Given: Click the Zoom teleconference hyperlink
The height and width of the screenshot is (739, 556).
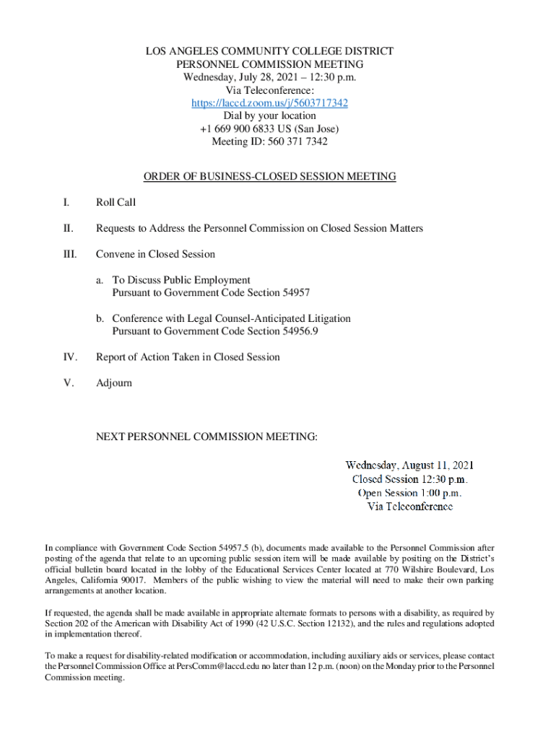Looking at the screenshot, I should tap(269, 103).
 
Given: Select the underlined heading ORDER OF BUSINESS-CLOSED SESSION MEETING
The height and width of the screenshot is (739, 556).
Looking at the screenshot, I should tap(269, 176).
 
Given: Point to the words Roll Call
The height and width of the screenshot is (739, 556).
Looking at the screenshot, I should tap(116, 203).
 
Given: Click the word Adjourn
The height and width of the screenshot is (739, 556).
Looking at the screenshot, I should tap(114, 382).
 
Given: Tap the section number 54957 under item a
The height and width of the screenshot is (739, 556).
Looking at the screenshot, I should tap(295, 293).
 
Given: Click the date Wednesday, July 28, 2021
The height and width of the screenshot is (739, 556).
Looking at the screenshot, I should tap(238, 77).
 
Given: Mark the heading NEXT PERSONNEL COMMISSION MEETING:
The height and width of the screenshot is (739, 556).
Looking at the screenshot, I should tap(207, 437).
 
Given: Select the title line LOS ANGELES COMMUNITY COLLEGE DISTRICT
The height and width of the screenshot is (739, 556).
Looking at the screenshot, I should tap(269, 51).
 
